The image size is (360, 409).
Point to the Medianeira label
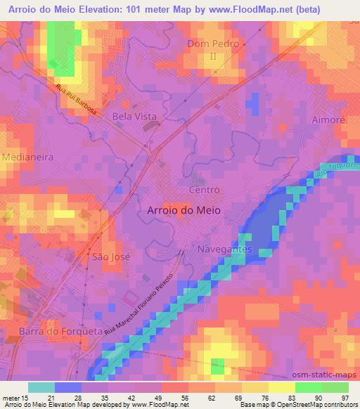point(27,157)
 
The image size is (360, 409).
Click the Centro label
point(205,190)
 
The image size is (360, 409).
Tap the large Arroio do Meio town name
point(184,209)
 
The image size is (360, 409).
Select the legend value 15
point(27,398)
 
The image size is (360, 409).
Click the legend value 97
point(345,398)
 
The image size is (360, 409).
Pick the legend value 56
point(184,398)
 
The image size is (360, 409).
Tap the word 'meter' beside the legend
point(10,398)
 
